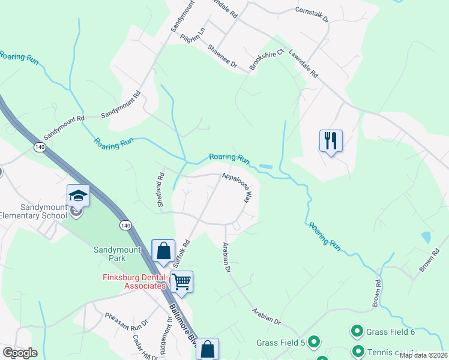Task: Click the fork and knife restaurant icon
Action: pos(331,141)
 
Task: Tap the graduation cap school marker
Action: pos(78,196)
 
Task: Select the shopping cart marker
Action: pos(181,281)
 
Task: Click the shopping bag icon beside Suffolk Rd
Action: pos(163,251)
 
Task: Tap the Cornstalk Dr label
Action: pos(312,14)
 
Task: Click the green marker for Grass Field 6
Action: pos(357,331)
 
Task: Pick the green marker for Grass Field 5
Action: pos(315,342)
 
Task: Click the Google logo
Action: pos(19,353)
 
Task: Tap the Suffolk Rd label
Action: pos(182,253)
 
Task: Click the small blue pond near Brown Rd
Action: pos(426,237)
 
